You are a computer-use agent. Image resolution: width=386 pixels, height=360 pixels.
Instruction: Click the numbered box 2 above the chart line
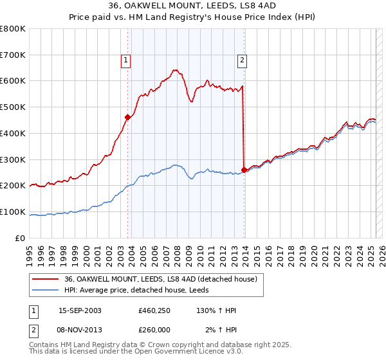[x=242, y=61]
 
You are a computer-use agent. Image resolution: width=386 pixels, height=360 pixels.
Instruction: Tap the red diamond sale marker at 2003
[x=127, y=117]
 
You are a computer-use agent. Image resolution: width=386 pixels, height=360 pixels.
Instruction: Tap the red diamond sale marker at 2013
[x=244, y=170]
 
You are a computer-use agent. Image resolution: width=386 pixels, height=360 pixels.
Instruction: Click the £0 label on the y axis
[x=21, y=238]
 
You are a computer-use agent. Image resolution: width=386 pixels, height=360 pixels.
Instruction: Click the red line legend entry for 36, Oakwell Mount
[x=161, y=279]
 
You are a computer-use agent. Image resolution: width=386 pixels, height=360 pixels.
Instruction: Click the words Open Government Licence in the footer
[x=174, y=353]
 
